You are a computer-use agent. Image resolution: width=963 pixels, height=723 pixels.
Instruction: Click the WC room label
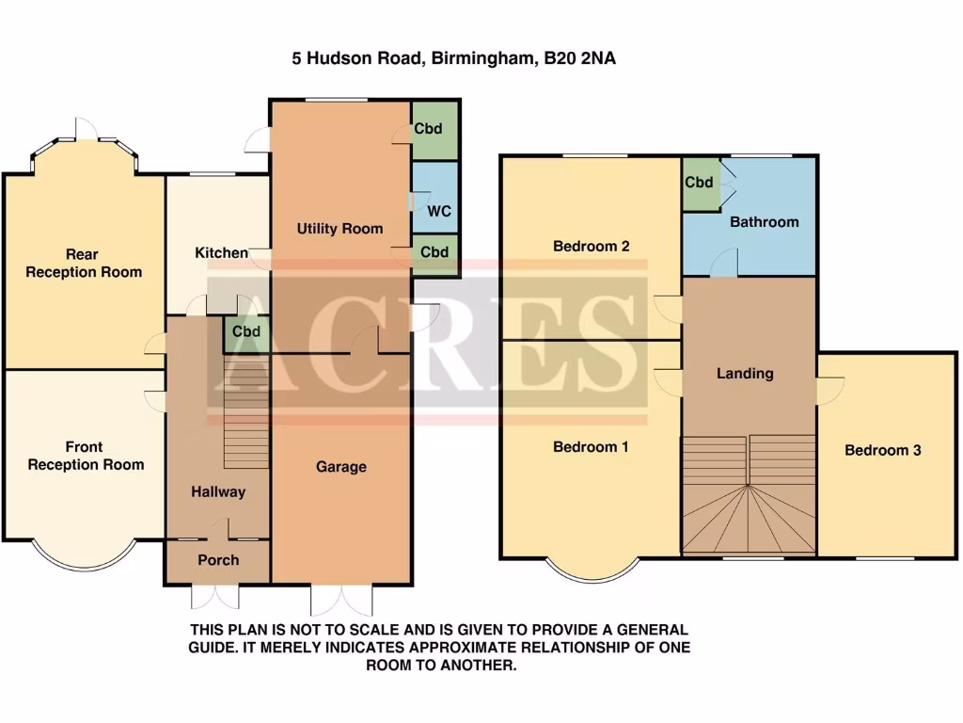[439, 211]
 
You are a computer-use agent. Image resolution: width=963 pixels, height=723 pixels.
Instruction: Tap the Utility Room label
[339, 228]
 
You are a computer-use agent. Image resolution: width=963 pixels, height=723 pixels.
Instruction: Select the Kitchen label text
[221, 252]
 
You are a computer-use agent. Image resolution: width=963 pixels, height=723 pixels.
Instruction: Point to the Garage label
[340, 467]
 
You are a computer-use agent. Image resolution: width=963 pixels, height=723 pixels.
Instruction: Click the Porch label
[218, 560]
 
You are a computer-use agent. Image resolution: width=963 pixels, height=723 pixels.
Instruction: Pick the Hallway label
[218, 491]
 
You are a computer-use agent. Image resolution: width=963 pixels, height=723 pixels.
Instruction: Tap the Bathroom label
[764, 222]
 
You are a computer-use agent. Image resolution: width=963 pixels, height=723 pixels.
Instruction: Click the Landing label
[745, 374]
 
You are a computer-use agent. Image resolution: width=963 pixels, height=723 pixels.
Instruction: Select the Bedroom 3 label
[882, 450]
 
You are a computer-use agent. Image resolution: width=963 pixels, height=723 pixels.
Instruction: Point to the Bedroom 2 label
[591, 247]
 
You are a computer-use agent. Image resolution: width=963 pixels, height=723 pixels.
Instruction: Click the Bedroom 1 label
[591, 447]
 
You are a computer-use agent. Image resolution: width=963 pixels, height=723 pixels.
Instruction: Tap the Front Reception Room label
[86, 456]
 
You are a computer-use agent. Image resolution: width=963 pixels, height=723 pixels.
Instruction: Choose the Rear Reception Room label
[84, 263]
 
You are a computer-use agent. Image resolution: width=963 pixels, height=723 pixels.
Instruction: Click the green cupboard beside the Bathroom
[699, 183]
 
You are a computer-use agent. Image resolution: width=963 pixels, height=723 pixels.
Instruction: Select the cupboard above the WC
[434, 129]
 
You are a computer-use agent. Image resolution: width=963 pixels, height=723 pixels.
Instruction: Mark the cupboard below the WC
[434, 252]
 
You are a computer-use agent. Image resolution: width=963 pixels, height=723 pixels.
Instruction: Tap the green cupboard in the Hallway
[246, 331]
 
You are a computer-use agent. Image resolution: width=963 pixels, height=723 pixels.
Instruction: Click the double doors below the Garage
[341, 599]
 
